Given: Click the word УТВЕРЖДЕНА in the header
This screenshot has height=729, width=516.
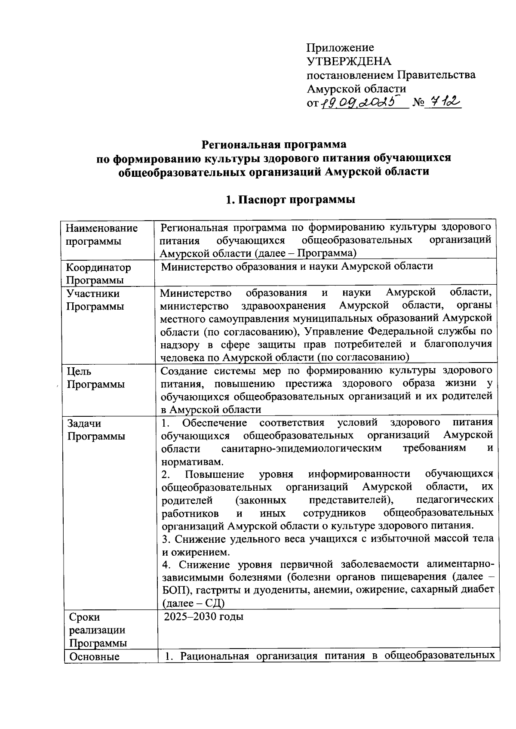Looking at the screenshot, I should (x=349, y=61).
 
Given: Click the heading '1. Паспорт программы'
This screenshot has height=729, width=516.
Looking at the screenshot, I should (x=291, y=200).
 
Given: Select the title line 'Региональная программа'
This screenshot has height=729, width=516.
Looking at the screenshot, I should (x=274, y=143).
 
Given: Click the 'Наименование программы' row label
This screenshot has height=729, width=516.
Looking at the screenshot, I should (x=102, y=234).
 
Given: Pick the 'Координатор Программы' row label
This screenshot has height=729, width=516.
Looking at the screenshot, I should (x=98, y=274).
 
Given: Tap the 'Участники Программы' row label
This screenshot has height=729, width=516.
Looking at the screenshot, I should (x=95, y=300).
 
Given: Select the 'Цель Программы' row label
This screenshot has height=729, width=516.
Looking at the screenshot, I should (x=95, y=378).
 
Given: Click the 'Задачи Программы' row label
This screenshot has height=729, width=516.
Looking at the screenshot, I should (x=96, y=430).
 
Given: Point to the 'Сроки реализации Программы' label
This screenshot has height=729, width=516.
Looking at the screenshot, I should (x=98, y=630).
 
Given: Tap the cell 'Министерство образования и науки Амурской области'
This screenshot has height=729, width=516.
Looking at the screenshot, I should (x=297, y=266).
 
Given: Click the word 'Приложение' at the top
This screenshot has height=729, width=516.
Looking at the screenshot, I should (x=340, y=47).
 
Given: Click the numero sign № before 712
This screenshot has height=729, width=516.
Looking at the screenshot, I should (x=418, y=103).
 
